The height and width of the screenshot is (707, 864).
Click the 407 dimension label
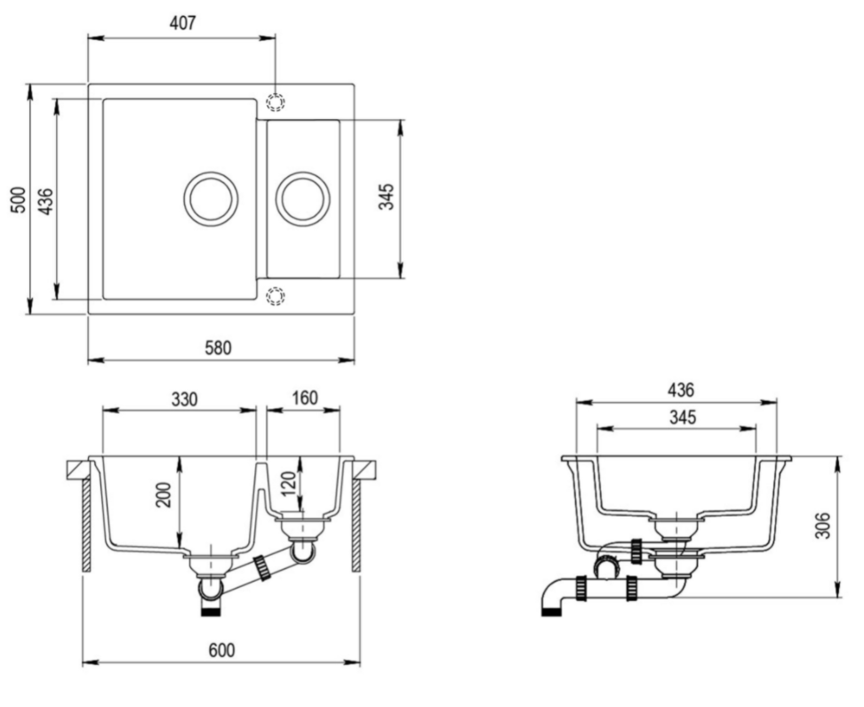point(182,22)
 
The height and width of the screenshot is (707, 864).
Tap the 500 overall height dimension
point(18,200)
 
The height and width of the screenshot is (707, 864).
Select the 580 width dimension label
point(218,348)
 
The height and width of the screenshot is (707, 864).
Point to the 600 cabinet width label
point(221,651)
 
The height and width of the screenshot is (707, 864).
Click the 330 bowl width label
point(184,398)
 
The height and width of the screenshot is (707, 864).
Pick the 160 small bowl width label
point(304,398)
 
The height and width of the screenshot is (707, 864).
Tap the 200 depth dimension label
point(164,495)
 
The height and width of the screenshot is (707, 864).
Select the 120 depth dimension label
point(288,484)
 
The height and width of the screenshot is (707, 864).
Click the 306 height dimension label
point(822,526)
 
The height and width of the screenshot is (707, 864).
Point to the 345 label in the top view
point(387,197)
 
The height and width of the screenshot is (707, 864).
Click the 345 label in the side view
point(683,417)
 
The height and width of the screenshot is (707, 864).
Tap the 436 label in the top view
point(45,201)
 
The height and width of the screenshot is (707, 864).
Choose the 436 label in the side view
point(681,390)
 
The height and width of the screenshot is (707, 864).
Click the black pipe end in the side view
point(551,612)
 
